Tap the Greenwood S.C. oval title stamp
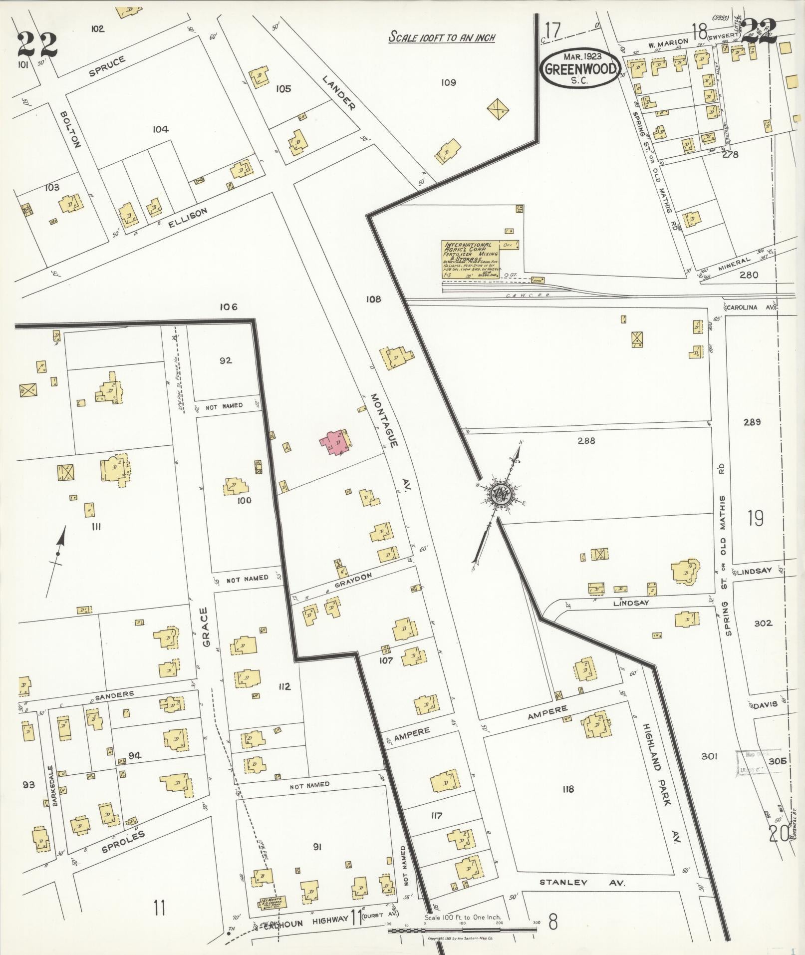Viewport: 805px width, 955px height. pos(579,69)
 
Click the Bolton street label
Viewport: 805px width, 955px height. pos(70,129)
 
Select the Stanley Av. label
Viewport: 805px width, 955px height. pos(582,883)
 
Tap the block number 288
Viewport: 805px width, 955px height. pos(586,441)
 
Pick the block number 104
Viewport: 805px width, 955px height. pos(160,129)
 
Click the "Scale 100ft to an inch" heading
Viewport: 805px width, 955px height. pos(442,37)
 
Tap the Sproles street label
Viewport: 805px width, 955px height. pos(123,841)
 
